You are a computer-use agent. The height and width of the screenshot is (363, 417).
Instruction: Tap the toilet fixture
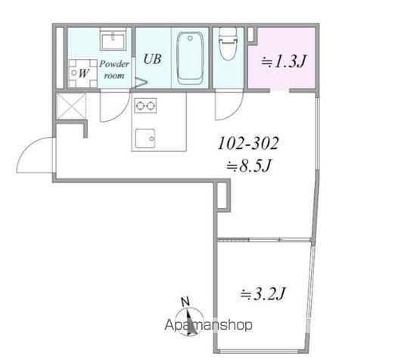pyautogui.click(x=228, y=43)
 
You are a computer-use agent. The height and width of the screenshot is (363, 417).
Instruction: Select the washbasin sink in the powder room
pyautogui.click(x=113, y=39)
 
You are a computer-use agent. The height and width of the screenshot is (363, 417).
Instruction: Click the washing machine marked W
pyautogui.click(x=82, y=73)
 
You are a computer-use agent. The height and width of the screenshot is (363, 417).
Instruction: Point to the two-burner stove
pyautogui.click(x=145, y=106)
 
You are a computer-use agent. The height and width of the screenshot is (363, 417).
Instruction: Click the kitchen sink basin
pyautogui.click(x=145, y=138)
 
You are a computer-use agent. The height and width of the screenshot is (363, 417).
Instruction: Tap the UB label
pyautogui.click(x=152, y=59)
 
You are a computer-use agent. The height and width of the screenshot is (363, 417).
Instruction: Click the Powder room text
pyautogui.click(x=114, y=70)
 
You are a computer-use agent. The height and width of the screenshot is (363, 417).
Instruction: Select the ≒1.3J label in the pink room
pyautogui.click(x=284, y=62)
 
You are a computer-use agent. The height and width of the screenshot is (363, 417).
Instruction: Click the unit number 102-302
pyautogui.click(x=248, y=143)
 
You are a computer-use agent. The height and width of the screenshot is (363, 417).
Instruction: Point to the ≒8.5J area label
pyautogui.click(x=249, y=166)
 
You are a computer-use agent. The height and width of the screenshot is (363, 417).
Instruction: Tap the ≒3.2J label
pyautogui.click(x=263, y=293)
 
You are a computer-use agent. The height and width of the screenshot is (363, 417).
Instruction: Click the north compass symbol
pyautogui.click(x=189, y=318)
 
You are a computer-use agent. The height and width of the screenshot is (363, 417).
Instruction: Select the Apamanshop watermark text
pyautogui.click(x=208, y=324)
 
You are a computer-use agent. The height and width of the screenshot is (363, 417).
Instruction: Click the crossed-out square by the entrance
pyautogui.click(x=71, y=106)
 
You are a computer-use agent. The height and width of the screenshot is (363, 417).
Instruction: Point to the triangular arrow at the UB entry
pyautogui.click(x=141, y=82)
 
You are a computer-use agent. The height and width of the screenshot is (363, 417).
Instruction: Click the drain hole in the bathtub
pyautogui.click(x=190, y=39)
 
